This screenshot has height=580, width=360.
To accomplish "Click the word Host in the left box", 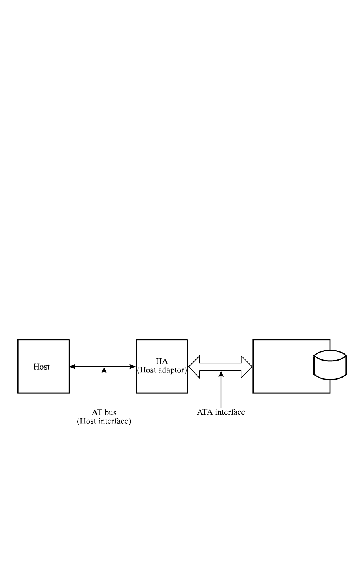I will pyautogui.click(x=42, y=367).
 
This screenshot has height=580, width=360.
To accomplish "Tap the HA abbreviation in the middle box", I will pyautogui.click(x=161, y=360).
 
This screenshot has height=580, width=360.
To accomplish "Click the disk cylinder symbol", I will pyautogui.click(x=330, y=366).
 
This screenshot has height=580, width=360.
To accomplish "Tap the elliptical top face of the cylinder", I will pyautogui.click(x=330, y=356).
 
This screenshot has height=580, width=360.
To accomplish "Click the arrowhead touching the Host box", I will pyautogui.click(x=72, y=367).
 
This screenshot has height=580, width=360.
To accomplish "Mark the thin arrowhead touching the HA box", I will pyautogui.click(x=133, y=367).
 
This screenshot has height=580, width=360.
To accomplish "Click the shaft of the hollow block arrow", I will pyautogui.click(x=220, y=367).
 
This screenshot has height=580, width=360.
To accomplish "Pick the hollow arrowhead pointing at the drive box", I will pyautogui.click(x=246, y=367).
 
